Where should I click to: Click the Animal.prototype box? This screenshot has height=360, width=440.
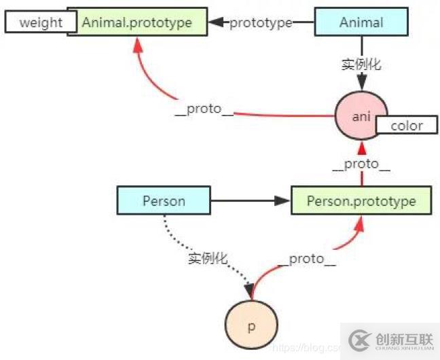136,22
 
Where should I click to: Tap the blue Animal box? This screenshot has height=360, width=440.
361,22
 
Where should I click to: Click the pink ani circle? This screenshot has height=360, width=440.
361,115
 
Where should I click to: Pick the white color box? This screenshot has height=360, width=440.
407,125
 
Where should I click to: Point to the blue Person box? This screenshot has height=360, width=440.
164,202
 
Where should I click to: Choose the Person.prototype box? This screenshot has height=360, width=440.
361,202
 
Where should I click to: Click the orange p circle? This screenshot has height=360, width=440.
251,326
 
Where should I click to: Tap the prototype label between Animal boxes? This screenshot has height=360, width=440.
261,22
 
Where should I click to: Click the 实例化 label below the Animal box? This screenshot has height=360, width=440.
361,65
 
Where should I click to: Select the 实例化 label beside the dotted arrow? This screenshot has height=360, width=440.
208,258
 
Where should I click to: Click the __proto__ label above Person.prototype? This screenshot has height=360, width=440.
361,165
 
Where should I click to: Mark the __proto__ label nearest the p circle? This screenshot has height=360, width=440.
306,259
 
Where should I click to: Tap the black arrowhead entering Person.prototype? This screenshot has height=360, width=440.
283,202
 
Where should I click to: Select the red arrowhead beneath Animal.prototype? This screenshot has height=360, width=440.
139,44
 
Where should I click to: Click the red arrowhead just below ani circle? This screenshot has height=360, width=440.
361,148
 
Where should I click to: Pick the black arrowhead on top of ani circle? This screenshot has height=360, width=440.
361,85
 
